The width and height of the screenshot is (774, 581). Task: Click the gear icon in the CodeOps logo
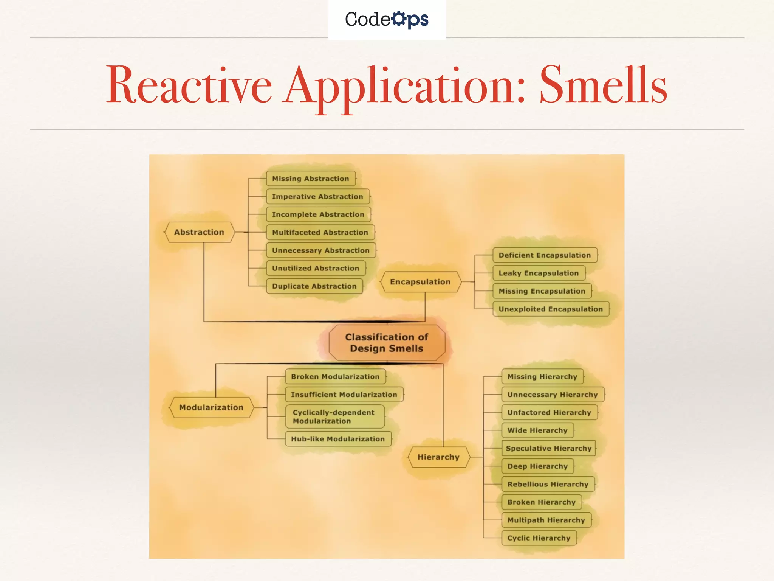[x=398, y=19]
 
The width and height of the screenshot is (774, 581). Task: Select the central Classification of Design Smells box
[x=387, y=343]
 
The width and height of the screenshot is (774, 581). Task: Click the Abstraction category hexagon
[x=199, y=232]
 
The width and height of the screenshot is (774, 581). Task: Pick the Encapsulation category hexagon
[x=420, y=282]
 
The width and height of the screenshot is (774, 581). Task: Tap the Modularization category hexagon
[x=211, y=407]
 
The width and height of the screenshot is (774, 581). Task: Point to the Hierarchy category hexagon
[x=438, y=457]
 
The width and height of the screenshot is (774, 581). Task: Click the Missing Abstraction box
[x=311, y=179]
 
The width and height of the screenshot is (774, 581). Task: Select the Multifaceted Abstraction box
[x=320, y=232]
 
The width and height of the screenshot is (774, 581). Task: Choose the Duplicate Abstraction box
[x=314, y=286]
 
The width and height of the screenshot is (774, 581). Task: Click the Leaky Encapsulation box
[x=539, y=273]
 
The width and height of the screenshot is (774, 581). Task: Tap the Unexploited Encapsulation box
[x=551, y=309]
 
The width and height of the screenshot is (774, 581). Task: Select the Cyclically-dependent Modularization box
[x=334, y=416]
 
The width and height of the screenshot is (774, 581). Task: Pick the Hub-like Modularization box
[x=338, y=439]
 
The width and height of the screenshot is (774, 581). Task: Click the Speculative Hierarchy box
[x=548, y=448]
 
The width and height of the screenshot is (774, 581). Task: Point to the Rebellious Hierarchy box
[x=548, y=484]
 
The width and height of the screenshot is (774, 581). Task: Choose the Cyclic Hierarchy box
[x=539, y=538]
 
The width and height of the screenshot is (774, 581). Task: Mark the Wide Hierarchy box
[x=537, y=430]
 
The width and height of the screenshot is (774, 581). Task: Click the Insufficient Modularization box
[x=344, y=395]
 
